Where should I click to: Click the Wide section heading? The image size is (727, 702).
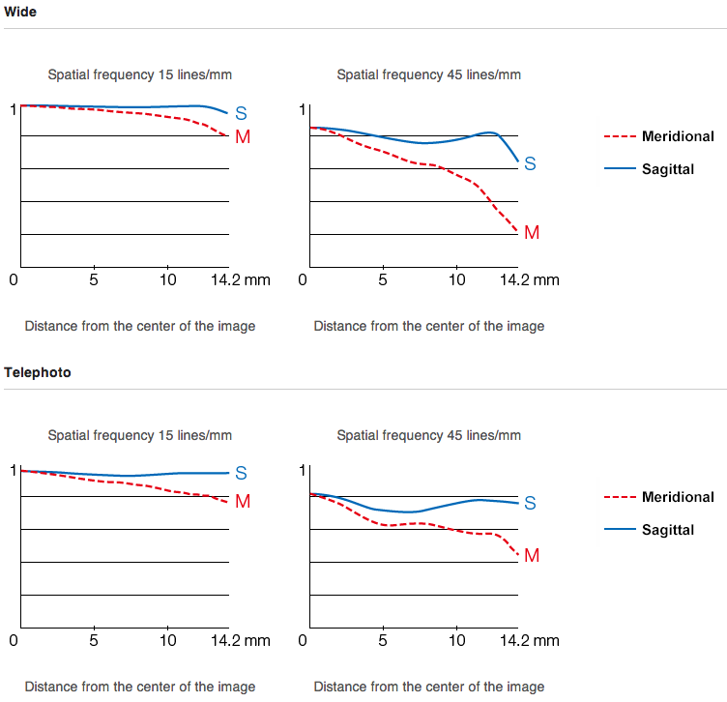click(x=20, y=11)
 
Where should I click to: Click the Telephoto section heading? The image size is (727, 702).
click(x=38, y=372)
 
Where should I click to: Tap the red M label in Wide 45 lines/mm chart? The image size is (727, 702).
click(x=531, y=233)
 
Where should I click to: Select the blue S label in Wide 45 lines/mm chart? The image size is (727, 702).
click(x=530, y=164)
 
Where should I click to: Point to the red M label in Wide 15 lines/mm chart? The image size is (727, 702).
click(x=242, y=137)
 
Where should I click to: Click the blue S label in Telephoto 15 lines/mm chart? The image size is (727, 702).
click(x=242, y=473)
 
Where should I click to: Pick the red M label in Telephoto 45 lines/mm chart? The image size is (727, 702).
click(x=531, y=556)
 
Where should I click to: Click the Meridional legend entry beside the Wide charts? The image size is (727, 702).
click(x=678, y=137)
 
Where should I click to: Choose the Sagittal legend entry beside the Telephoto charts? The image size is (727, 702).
click(x=667, y=530)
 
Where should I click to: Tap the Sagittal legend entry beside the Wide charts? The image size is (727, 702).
click(x=667, y=169)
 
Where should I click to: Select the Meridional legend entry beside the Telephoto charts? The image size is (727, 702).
click(x=678, y=498)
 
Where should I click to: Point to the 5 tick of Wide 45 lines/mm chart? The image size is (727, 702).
click(x=383, y=280)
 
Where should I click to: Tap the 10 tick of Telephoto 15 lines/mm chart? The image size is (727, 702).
click(x=168, y=640)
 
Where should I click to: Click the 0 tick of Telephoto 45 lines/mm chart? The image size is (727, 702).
click(x=304, y=640)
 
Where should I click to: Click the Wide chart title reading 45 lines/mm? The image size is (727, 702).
click(x=428, y=74)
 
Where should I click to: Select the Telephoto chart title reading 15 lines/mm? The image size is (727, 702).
click(x=139, y=435)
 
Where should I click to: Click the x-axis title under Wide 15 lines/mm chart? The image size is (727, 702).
click(x=140, y=326)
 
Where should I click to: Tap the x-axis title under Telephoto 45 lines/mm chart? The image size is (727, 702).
click(x=429, y=687)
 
